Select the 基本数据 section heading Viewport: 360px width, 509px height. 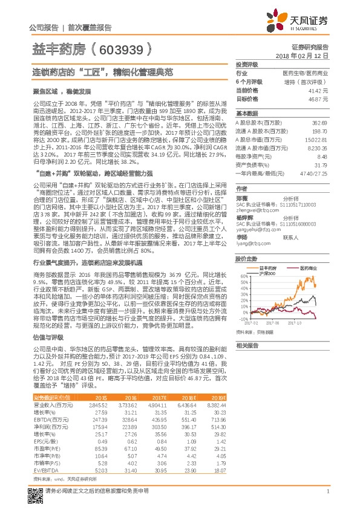246,113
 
